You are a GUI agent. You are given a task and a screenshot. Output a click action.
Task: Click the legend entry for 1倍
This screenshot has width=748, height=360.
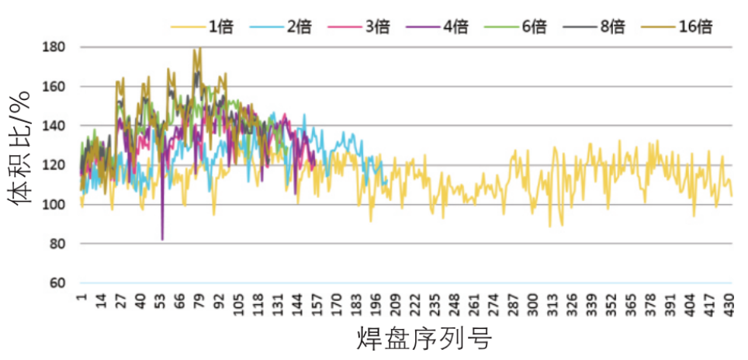202,27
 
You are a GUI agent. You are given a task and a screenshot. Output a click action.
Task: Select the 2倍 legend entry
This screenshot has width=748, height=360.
280,27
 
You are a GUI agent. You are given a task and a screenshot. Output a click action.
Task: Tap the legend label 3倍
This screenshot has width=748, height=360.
358,27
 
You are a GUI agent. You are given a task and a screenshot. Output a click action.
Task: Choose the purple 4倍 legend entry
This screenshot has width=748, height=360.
437,27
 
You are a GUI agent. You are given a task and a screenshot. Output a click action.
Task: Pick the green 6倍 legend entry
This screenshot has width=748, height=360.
515,27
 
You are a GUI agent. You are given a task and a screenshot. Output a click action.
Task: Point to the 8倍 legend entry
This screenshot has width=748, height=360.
594,27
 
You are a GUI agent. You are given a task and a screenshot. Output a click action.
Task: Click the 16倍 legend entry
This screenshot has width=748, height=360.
677,27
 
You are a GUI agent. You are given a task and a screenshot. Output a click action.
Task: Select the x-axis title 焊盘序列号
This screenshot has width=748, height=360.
424,339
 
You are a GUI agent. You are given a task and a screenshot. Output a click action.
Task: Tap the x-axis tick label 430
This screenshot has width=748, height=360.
728,303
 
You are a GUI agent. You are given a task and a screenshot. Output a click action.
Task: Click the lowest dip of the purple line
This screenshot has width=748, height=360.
163,240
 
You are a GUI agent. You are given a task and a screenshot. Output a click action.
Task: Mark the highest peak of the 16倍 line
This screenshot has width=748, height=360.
200,47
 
